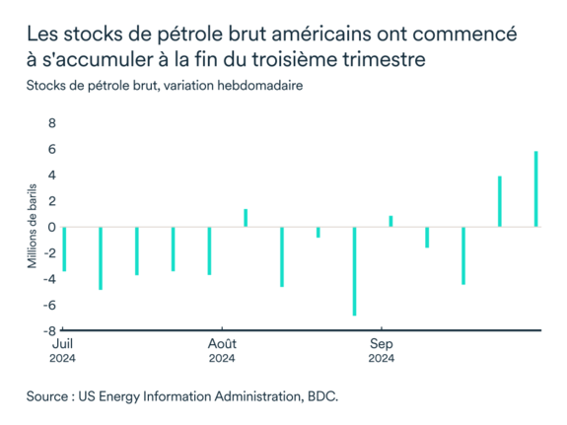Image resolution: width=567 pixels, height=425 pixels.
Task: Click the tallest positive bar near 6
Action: point(536,188)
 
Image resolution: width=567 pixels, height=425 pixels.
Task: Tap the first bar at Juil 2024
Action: point(64,248)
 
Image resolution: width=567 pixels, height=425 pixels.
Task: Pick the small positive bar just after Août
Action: point(246,218)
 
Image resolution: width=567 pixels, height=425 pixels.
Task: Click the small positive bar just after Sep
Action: point(390,221)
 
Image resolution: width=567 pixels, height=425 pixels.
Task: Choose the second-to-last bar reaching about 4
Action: point(500,201)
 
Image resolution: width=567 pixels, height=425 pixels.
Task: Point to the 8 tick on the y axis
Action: point(51,124)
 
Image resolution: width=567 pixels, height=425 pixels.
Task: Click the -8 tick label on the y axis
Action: point(48,330)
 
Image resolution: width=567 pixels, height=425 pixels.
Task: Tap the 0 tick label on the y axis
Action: point(51,227)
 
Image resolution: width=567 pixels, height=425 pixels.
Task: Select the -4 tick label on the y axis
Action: point(48,279)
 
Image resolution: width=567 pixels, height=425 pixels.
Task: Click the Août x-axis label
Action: point(222,345)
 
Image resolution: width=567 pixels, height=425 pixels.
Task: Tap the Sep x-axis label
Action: point(382,345)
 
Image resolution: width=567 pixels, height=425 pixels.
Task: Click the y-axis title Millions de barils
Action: point(32,227)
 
